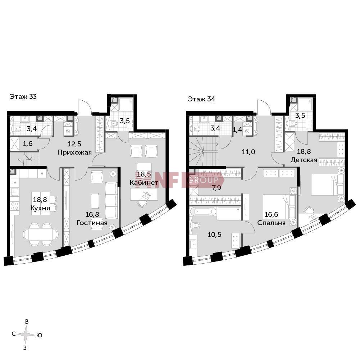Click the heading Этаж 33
tap(23, 97)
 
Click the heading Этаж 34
tap(201, 99)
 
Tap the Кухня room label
tap(40, 208)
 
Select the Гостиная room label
tap(92, 223)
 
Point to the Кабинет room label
tap(144, 183)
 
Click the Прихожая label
tap(74, 152)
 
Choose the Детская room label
tap(304, 160)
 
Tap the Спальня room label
tap(272, 223)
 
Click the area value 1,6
tap(28, 144)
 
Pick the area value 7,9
tap(217, 188)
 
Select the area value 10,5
tap(214, 234)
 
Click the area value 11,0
tap(249, 152)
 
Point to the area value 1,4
tap(237, 130)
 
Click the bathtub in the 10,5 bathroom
tap(205, 212)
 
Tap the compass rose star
tap(26, 334)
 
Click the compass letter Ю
tap(39, 336)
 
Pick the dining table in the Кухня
tap(41, 234)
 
